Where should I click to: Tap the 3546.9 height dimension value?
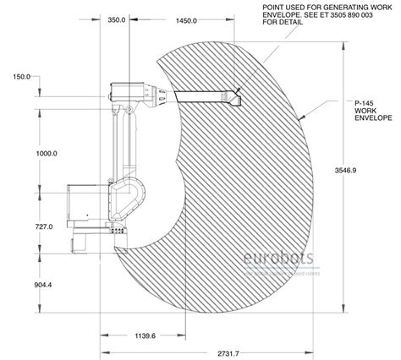coord(366,170)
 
